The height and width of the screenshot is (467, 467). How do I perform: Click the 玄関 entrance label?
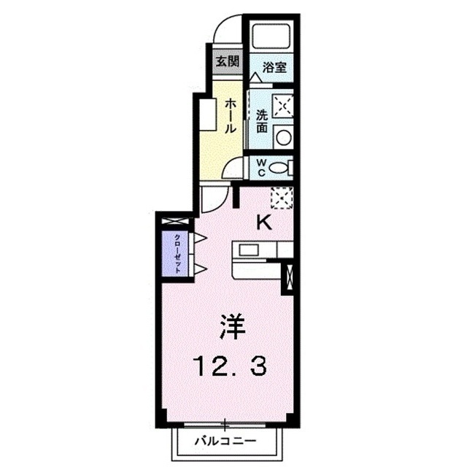point(228,61)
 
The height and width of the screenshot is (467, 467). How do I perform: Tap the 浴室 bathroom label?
point(274,67)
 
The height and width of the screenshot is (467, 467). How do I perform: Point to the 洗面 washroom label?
point(262,122)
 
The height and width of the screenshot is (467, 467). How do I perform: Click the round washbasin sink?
point(284,137)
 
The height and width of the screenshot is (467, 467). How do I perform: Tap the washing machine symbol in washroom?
point(283,106)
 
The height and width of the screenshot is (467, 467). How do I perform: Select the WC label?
point(261,168)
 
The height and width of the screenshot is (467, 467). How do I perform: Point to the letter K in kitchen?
point(264,223)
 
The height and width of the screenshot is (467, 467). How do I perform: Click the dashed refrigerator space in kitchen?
point(282,198)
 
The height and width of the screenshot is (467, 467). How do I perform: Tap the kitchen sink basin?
point(249,250)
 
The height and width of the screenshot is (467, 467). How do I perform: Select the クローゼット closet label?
point(177,254)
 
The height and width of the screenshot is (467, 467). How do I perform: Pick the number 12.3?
point(230,366)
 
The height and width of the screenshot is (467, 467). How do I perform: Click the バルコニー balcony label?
point(225,441)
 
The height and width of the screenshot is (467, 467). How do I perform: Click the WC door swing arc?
point(229,165)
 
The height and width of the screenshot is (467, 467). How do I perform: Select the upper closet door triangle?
point(201,238)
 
